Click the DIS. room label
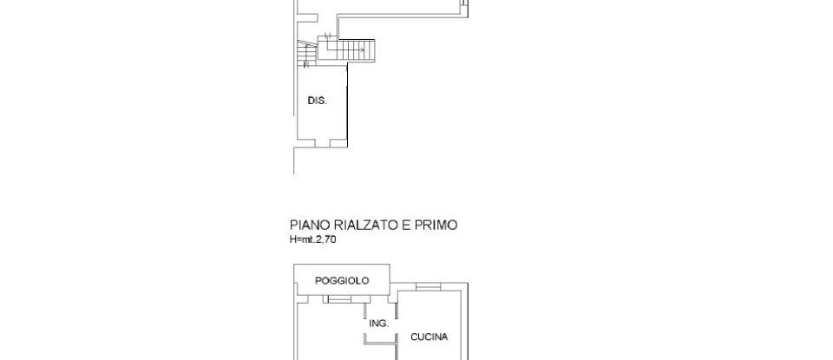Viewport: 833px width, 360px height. click(317, 101)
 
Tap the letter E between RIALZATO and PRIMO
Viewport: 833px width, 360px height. click(404, 226)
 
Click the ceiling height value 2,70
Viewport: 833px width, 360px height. click(325, 239)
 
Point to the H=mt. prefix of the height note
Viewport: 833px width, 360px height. click(302, 239)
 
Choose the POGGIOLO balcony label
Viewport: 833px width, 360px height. click(342, 280)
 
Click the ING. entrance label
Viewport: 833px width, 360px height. click(378, 324)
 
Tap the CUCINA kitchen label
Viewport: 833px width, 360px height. click(429, 337)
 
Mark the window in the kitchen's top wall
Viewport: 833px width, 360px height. click(427, 286)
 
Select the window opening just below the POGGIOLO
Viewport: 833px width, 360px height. click(338, 300)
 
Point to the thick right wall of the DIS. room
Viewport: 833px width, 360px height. click(347, 108)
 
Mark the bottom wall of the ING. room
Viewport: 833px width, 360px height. click(380, 343)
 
